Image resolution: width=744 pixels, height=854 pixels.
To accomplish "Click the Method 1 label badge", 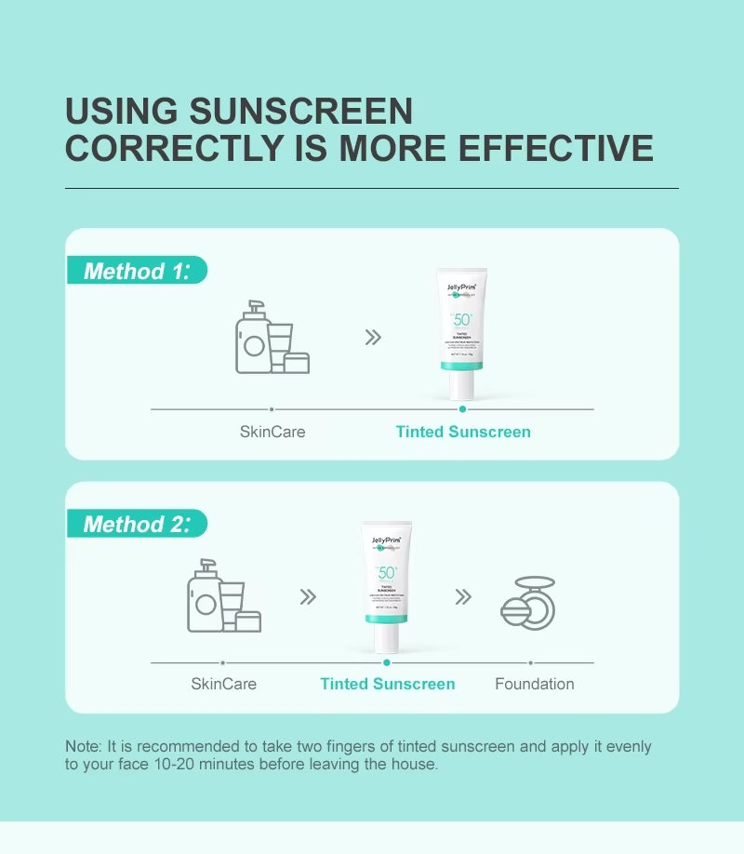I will coord(137,271).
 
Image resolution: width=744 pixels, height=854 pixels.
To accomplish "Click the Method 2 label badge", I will coord(137,524).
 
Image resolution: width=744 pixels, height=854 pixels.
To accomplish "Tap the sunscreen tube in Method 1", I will coord(461,333).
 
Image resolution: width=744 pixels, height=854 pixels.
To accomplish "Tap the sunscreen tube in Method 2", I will coord(386,586).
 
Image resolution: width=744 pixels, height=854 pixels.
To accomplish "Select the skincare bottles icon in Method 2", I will coord(223,596).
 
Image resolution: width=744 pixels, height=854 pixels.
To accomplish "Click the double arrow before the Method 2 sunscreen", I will coord(308,596).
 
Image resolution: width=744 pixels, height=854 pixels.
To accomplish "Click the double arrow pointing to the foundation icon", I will coord(463,596).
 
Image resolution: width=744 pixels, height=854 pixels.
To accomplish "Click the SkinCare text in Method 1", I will coord(272,432).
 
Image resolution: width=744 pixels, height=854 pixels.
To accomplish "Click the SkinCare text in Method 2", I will coord(223,684).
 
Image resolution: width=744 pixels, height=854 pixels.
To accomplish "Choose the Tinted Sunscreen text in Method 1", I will coord(463,432).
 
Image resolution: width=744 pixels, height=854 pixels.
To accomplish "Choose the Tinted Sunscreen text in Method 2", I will coord(388,684).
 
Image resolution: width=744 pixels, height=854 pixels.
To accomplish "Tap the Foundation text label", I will coord(534,684).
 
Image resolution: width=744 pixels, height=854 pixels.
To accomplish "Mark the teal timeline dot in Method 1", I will coord(462,408).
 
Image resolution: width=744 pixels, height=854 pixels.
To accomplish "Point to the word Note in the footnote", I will coord(82,746).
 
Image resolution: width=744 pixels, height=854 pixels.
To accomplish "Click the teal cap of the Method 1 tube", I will coord(461,366).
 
